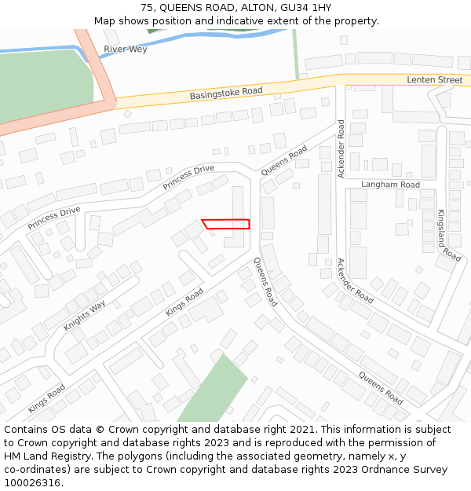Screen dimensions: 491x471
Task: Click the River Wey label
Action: pyautogui.click(x=126, y=49)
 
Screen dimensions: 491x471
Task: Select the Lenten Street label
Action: pyautogui.click(x=434, y=80)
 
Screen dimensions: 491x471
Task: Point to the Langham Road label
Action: pyautogui.click(x=390, y=185)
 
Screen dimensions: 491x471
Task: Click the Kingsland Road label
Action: pyautogui.click(x=449, y=235)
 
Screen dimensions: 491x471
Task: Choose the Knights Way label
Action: pyautogui.click(x=85, y=316)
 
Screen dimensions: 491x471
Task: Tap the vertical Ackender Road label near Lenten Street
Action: pyautogui.click(x=341, y=148)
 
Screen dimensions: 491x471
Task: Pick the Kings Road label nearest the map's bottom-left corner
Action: pyautogui.click(x=46, y=399)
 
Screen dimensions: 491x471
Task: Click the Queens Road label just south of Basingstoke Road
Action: pyautogui.click(x=284, y=160)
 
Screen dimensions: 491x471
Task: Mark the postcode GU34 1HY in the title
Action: pyautogui.click(x=306, y=8)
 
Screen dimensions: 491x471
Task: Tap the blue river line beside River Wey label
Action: pyautogui.click(x=47, y=49)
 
